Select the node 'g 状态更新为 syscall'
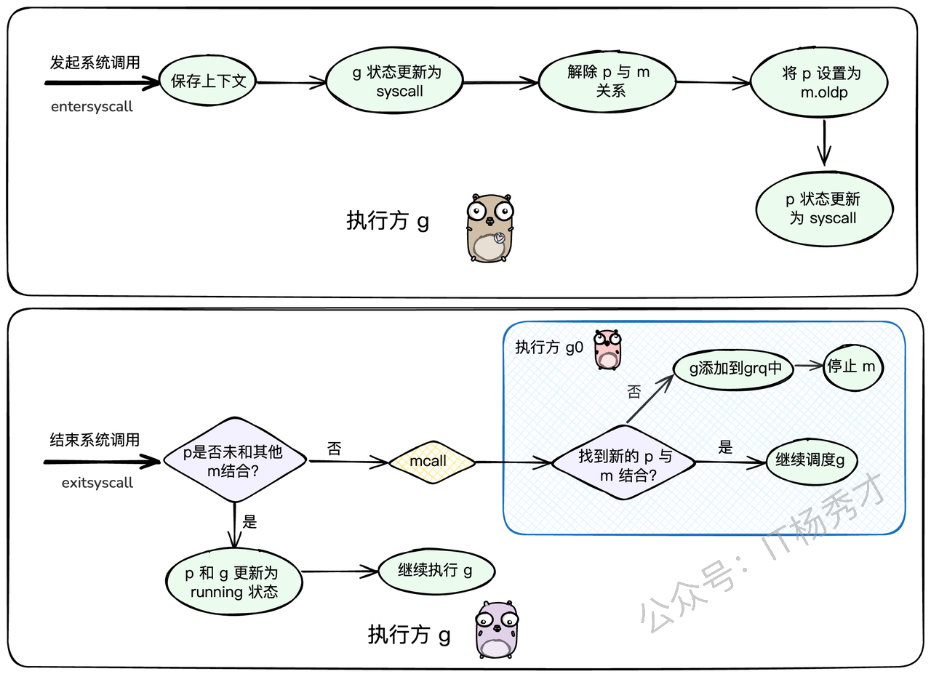(x=394, y=81)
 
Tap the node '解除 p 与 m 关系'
(x=607, y=81)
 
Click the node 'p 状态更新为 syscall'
(x=823, y=209)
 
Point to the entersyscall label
(x=92, y=107)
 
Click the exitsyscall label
(x=97, y=483)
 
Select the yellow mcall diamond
(x=431, y=462)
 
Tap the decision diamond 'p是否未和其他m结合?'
(x=233, y=460)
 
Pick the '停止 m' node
(x=852, y=367)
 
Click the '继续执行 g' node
(x=436, y=571)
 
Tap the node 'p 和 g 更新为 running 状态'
(x=233, y=582)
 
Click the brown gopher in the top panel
(x=490, y=228)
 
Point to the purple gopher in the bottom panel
(x=497, y=630)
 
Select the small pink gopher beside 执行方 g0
(x=607, y=349)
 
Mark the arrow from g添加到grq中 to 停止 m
(x=807, y=366)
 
